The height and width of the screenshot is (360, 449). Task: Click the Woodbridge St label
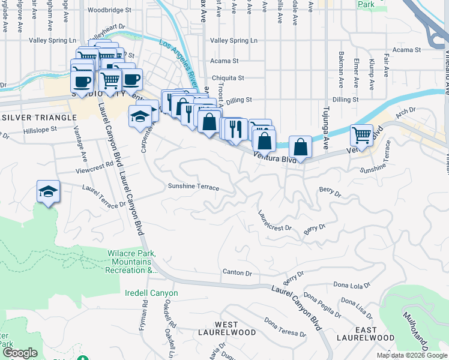109,10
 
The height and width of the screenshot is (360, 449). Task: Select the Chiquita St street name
228,78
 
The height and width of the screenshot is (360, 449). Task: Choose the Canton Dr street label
237,272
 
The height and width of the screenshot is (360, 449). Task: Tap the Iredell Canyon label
151,293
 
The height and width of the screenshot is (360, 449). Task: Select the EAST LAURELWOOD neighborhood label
366,334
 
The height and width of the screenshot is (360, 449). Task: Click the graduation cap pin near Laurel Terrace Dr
48,191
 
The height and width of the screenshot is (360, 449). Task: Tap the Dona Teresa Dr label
285,326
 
